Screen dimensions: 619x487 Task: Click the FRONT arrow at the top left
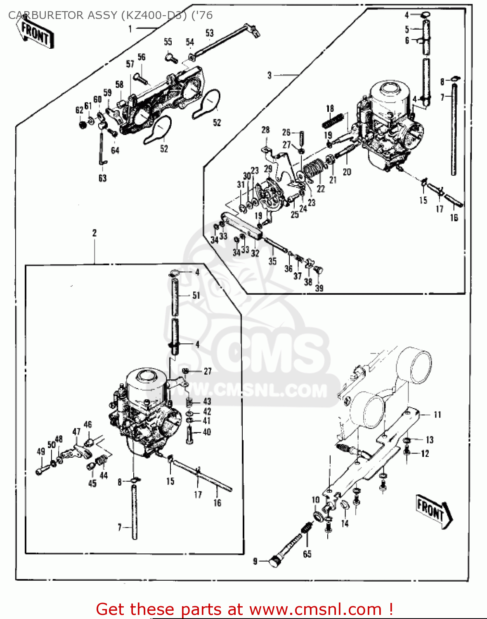(35, 33)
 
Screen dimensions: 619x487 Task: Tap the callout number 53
(210, 33)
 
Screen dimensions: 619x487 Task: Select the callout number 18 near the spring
(330, 109)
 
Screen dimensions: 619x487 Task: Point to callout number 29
(268, 168)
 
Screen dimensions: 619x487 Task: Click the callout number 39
(319, 288)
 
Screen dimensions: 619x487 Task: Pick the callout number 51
(196, 295)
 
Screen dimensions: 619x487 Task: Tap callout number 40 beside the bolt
(207, 432)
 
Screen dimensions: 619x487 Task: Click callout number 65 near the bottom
(307, 554)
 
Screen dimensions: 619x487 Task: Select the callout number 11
(437, 414)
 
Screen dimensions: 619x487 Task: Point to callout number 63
(102, 178)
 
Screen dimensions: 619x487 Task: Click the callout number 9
(255, 561)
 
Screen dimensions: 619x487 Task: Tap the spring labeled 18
(333, 121)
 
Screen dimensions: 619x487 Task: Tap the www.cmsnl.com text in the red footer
(315, 609)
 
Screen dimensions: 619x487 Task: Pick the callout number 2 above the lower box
(95, 233)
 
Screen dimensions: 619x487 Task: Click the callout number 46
(88, 425)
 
